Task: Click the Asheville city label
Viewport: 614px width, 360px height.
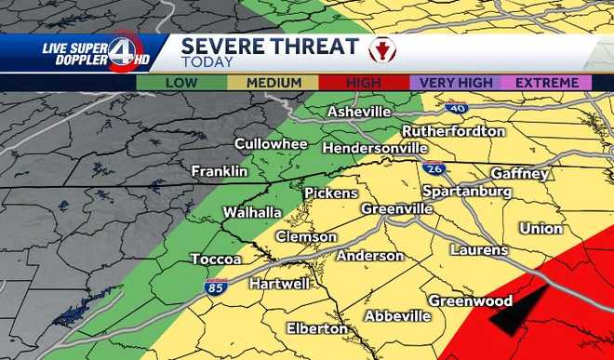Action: (x=358, y=113)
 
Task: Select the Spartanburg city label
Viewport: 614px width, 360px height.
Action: (x=467, y=191)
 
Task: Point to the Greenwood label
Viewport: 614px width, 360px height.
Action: (x=470, y=300)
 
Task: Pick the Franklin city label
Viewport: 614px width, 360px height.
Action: (x=220, y=172)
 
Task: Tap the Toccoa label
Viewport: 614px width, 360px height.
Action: (x=216, y=259)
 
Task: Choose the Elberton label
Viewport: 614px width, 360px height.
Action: (x=317, y=328)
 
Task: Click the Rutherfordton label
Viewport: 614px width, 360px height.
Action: (x=454, y=131)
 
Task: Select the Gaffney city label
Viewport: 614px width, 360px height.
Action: (x=520, y=174)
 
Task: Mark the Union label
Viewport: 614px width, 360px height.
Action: (x=541, y=228)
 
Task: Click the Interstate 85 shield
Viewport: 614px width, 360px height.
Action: (x=216, y=286)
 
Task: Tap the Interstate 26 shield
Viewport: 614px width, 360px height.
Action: (x=433, y=168)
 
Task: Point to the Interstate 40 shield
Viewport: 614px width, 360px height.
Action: (x=455, y=108)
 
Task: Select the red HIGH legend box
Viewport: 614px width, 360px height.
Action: (x=363, y=83)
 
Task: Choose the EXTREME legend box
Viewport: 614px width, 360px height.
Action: (x=546, y=83)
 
